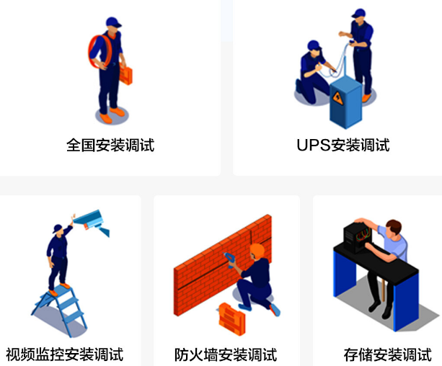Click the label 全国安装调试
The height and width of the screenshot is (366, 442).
click(x=110, y=145)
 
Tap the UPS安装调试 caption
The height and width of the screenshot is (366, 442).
click(x=343, y=145)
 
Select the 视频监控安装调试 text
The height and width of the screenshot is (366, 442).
click(x=65, y=354)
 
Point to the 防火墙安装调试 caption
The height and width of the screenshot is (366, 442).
click(x=226, y=354)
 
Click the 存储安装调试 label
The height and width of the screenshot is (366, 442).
click(x=388, y=354)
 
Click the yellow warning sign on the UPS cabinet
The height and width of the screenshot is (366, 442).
click(x=337, y=98)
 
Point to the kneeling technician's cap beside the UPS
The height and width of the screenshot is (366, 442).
click(x=314, y=45)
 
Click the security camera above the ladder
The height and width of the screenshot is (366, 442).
click(x=92, y=221)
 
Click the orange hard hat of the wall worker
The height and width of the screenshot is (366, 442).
click(x=257, y=251)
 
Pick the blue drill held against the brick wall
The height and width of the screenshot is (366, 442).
click(x=229, y=260)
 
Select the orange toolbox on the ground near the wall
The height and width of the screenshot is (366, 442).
click(x=232, y=319)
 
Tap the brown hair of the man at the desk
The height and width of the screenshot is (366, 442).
click(x=394, y=226)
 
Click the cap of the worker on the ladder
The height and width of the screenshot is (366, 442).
click(x=58, y=228)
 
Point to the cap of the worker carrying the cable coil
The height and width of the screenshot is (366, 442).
click(x=113, y=22)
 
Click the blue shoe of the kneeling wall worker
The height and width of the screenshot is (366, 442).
click(x=275, y=310)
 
